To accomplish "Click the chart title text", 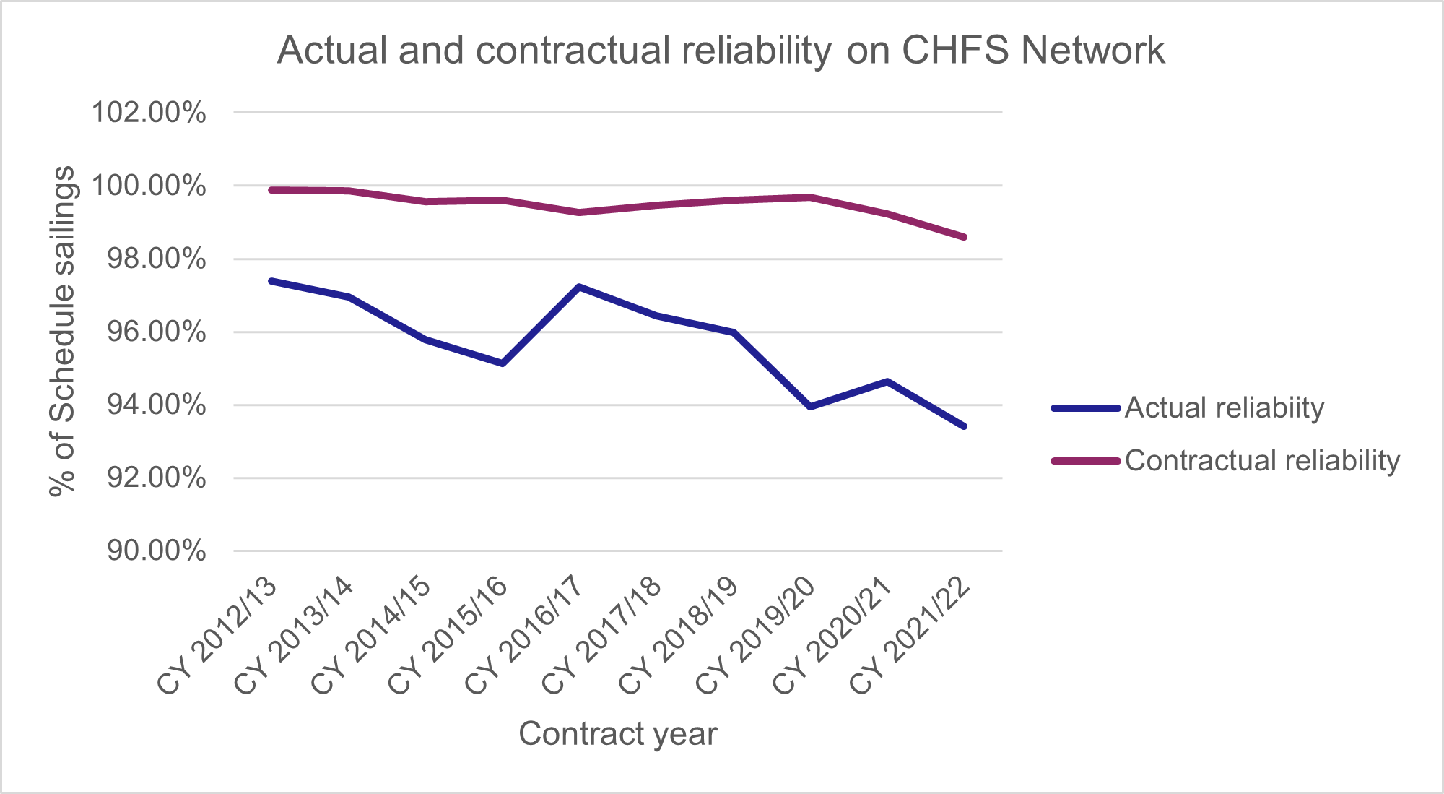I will [x=721, y=51].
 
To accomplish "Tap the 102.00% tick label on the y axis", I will [x=148, y=113].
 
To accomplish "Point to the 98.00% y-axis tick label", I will [x=156, y=259].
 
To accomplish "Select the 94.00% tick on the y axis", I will [x=156, y=405].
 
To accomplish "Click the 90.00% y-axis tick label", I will [x=156, y=551].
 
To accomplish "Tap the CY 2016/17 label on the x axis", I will [x=525, y=636].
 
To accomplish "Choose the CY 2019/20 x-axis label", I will [x=756, y=636].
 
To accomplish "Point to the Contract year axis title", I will [x=618, y=734].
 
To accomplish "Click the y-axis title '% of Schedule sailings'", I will [x=62, y=331].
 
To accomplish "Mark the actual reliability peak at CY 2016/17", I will [x=579, y=287].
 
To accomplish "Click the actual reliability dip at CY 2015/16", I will [x=503, y=363].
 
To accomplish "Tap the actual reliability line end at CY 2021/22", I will [x=964, y=426].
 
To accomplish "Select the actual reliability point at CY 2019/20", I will [x=810, y=407].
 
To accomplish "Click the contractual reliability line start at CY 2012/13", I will [x=271, y=190].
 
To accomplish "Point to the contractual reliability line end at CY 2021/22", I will [x=964, y=237].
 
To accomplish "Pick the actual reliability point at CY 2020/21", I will [x=887, y=381].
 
